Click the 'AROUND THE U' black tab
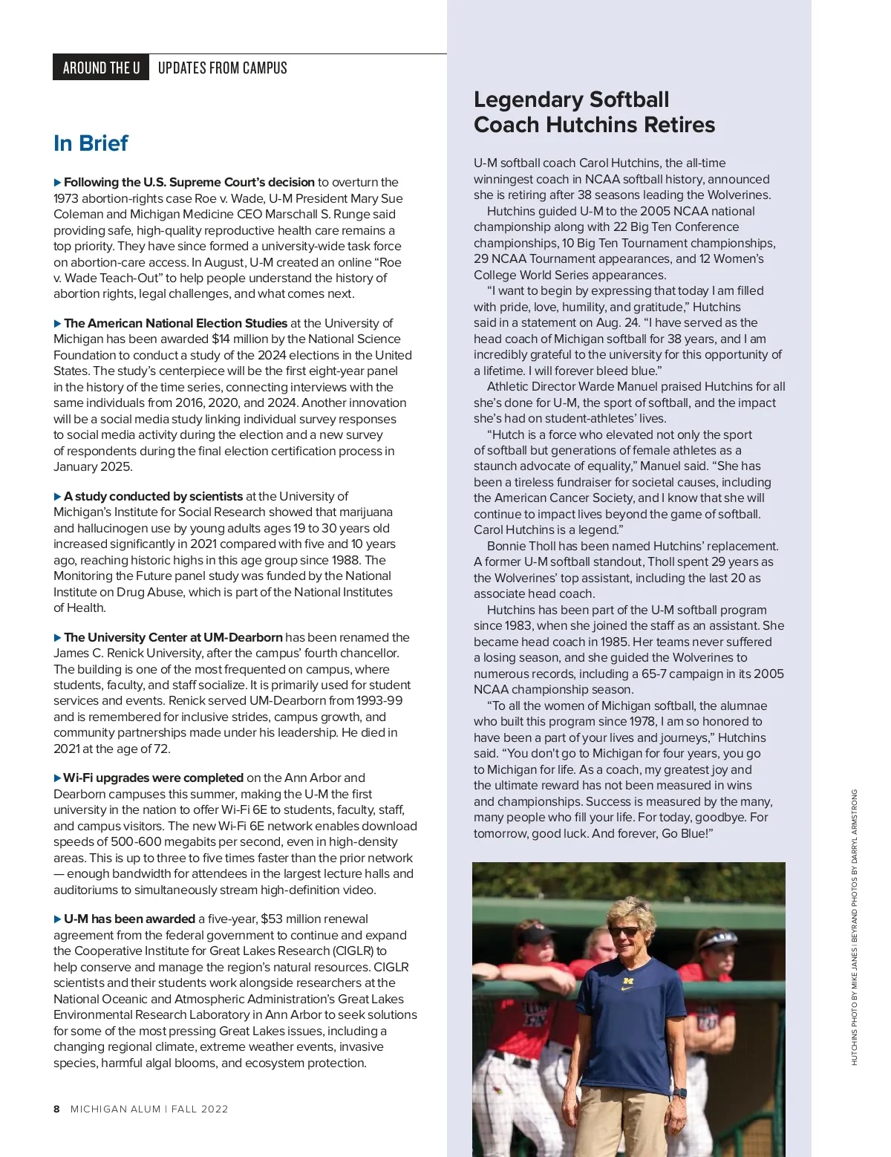pos(101,68)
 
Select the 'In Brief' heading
pos(91,143)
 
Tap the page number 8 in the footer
pos(56,1109)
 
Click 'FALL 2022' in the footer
pos(200,1109)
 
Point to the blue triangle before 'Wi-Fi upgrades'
pos(57,778)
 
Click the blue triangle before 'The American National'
pos(57,324)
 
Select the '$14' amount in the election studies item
pos(221,339)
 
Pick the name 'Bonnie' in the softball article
pos(506,547)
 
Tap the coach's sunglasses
pos(624,931)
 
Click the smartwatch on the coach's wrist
pos(680,1092)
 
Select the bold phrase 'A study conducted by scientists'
pos(153,496)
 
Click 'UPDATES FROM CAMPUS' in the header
pos(222,68)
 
